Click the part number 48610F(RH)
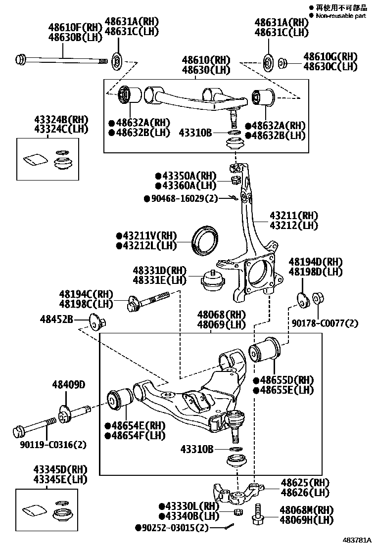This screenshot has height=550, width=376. click(x=74, y=27)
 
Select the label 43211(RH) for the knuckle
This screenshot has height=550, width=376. click(x=293, y=216)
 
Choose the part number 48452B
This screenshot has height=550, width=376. click(x=57, y=320)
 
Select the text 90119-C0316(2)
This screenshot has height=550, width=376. click(x=54, y=444)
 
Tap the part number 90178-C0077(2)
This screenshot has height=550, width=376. click(x=332, y=323)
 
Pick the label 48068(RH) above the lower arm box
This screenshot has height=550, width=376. click(x=221, y=315)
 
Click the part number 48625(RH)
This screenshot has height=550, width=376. click(x=305, y=482)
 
